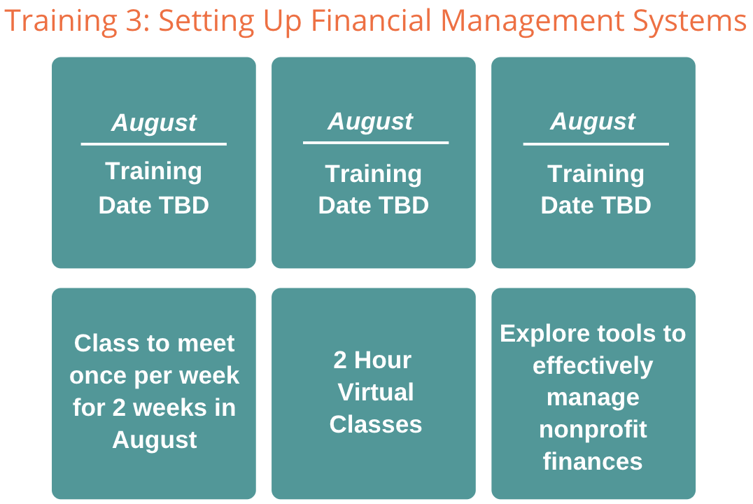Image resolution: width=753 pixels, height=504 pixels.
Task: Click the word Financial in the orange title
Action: [x=371, y=21]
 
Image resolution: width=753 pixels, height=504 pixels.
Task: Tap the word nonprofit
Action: [x=593, y=430]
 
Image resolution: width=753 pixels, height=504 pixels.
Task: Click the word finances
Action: [x=593, y=461]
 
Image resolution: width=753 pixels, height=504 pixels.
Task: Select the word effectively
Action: [x=593, y=365]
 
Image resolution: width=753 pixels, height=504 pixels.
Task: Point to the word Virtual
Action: [x=376, y=392]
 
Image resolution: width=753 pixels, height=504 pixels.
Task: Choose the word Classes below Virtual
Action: [x=376, y=424]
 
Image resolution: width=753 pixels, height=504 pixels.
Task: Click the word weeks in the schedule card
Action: [x=170, y=408]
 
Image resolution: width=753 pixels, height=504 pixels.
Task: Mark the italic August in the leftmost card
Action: [x=154, y=123]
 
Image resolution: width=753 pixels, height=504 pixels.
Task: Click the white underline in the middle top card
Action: [x=376, y=143]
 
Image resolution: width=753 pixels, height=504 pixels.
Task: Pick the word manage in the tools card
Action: [x=593, y=398]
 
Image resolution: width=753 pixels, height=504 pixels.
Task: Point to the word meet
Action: [x=206, y=344]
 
